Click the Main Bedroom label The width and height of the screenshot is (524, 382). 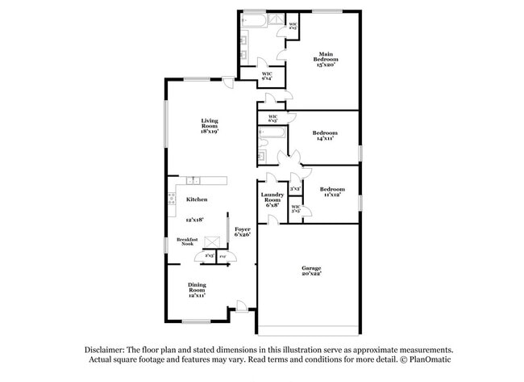[325, 59]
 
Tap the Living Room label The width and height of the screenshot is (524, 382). [210, 125]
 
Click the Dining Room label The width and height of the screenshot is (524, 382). [197, 290]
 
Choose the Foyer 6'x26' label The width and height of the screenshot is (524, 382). [242, 232]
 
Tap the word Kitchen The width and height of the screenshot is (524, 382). [197, 199]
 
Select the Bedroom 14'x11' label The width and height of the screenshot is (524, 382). [324, 136]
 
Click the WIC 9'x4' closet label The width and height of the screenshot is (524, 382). [267, 77]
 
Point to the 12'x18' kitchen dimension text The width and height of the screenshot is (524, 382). [194, 220]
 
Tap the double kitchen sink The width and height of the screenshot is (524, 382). [193, 179]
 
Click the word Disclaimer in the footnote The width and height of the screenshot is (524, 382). [107, 349]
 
